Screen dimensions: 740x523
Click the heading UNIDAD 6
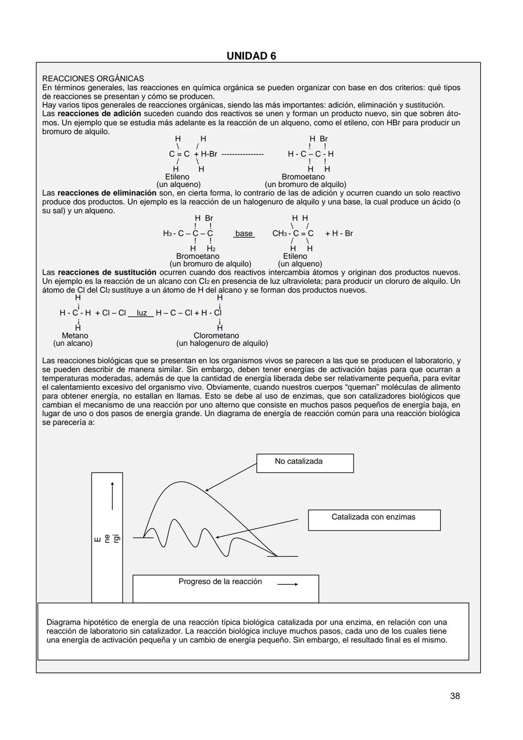pos(251,56)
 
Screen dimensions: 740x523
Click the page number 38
pos(455,696)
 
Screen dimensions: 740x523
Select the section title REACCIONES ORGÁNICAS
pos(93,78)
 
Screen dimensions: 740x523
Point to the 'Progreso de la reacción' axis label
pos(220,582)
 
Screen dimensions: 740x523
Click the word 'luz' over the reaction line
pos(141,313)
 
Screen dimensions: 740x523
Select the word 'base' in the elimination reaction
pos(244,233)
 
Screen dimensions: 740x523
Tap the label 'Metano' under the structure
pos(75,336)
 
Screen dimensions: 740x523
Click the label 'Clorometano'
pos(216,336)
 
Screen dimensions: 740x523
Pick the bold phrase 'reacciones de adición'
pos(99,114)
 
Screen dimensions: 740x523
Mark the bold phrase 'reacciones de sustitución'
pos(107,273)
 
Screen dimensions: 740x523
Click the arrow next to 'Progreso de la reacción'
pos(288,584)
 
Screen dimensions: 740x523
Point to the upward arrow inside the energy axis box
pos(112,495)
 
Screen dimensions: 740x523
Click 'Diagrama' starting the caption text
pos(63,622)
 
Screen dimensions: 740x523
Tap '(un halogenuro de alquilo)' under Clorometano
pos(222,343)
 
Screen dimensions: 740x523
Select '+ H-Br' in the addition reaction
pos(205,154)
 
